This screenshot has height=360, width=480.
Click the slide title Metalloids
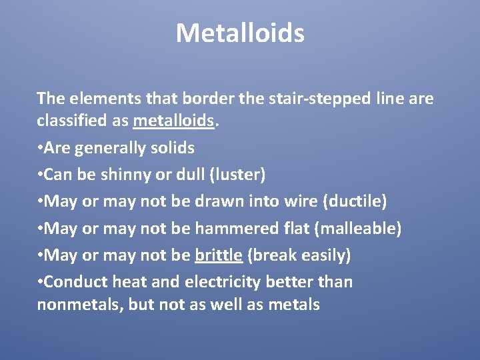[x=240, y=33]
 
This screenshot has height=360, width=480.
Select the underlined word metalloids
[x=174, y=121]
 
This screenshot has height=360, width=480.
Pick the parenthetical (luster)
[x=237, y=175]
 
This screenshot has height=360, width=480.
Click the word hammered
[x=225, y=229]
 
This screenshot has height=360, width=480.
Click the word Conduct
[x=75, y=282]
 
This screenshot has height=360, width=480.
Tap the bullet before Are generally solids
[x=40, y=148]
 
